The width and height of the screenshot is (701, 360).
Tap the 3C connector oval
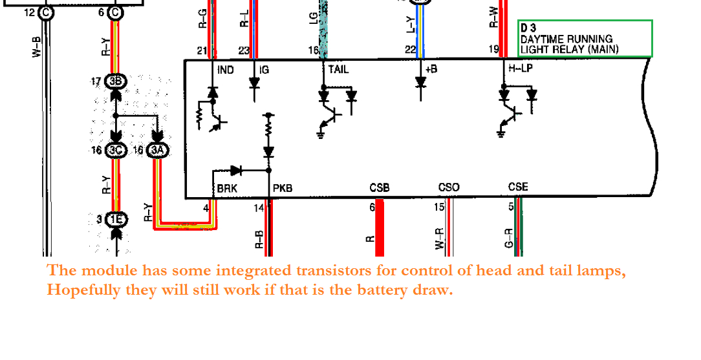(x=116, y=151)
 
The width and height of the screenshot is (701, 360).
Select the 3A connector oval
(x=158, y=151)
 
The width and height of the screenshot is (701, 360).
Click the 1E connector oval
(x=116, y=220)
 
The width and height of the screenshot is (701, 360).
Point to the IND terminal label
(x=226, y=69)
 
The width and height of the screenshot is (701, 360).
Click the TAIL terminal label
(x=338, y=69)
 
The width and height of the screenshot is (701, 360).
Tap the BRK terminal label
(x=227, y=188)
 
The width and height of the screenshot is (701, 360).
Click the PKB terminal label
(x=283, y=188)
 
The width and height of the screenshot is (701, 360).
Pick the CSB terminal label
(x=380, y=187)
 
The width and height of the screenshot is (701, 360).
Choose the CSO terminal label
(x=449, y=187)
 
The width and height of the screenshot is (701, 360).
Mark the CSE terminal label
(x=518, y=187)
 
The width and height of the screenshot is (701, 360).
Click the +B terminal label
(x=431, y=69)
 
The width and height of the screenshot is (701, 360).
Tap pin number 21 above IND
(x=202, y=50)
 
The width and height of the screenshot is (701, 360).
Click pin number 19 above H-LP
(x=493, y=49)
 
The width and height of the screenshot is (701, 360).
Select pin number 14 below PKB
(x=259, y=207)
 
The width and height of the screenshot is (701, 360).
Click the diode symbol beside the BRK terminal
(x=236, y=171)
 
